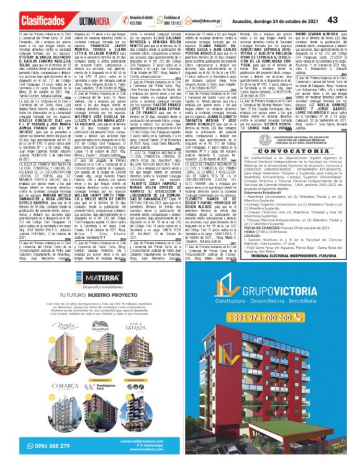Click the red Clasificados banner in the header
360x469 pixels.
(x=27, y=20)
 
